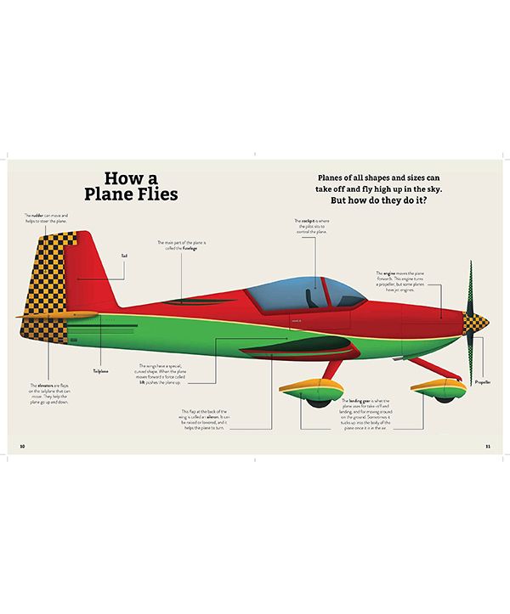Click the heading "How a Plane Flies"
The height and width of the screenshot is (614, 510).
tap(136, 187)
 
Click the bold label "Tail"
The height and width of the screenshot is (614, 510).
tap(124, 255)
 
